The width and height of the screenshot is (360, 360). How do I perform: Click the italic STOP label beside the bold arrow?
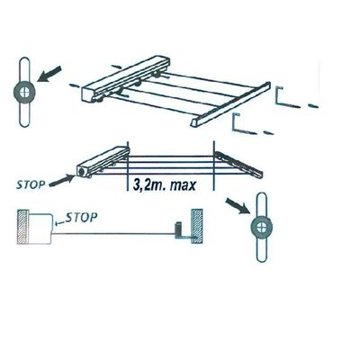click(x=31, y=184)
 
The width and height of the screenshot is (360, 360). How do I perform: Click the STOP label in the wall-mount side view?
click(x=81, y=218)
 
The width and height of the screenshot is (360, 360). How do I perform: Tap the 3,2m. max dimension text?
click(x=164, y=185)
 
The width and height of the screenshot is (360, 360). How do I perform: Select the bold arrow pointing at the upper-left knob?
click(x=49, y=74)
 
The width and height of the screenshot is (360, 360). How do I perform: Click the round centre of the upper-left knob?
click(x=23, y=92)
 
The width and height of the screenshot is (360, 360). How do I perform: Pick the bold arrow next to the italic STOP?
click(x=62, y=181)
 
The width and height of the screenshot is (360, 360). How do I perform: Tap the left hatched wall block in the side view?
click(x=22, y=227)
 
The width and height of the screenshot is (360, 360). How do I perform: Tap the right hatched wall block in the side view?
click(x=196, y=227)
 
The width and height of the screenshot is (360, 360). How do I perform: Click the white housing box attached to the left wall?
click(x=40, y=229)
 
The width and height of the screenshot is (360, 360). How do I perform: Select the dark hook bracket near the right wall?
click(x=183, y=231)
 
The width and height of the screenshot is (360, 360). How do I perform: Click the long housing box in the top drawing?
click(x=126, y=80)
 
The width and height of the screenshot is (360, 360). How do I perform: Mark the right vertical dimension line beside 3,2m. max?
click(x=213, y=166)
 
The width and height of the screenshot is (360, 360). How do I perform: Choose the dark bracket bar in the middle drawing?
click(x=239, y=164)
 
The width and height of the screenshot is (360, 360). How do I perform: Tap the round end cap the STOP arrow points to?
click(x=82, y=172)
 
